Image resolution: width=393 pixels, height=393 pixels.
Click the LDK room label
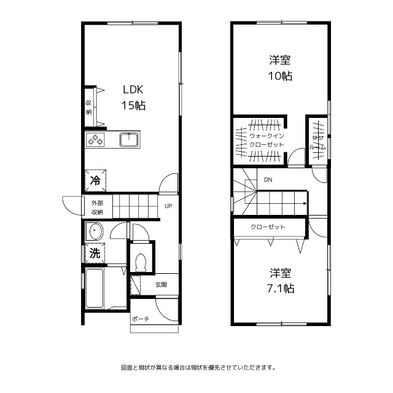(133, 90)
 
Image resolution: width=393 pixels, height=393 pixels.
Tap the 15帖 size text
(133, 105)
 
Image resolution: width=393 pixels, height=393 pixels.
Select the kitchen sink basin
(129, 139)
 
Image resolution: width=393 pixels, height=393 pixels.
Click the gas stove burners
(95, 139)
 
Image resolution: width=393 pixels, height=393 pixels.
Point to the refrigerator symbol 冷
(95, 181)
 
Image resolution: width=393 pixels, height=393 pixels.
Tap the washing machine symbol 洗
(95, 253)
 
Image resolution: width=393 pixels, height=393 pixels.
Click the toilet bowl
(141, 262)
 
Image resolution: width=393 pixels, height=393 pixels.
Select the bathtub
(95, 288)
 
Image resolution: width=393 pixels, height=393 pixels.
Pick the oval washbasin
(94, 231)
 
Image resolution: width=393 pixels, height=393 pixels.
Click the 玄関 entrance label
(161, 285)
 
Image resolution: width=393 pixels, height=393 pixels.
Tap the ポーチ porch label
(141, 319)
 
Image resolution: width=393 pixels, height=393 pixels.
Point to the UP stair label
(168, 206)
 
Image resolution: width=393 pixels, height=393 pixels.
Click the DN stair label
(268, 180)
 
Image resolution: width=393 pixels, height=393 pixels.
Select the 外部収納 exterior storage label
(97, 208)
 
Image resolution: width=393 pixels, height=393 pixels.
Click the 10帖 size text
(280, 76)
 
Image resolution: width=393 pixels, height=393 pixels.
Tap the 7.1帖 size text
(281, 289)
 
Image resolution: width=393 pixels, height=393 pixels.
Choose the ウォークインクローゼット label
(267, 141)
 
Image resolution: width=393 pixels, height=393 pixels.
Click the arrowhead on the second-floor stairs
(305, 203)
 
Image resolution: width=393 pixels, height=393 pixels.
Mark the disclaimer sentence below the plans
(198, 368)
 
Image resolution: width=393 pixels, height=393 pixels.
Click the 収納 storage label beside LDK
(88, 107)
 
